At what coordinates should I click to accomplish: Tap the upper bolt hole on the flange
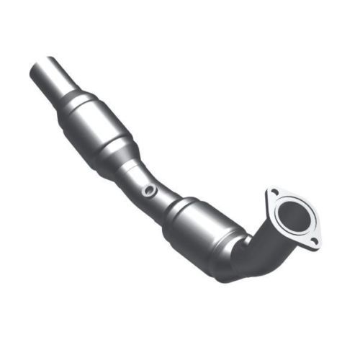[x=274, y=192]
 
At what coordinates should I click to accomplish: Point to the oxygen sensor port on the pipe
[x=149, y=191]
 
